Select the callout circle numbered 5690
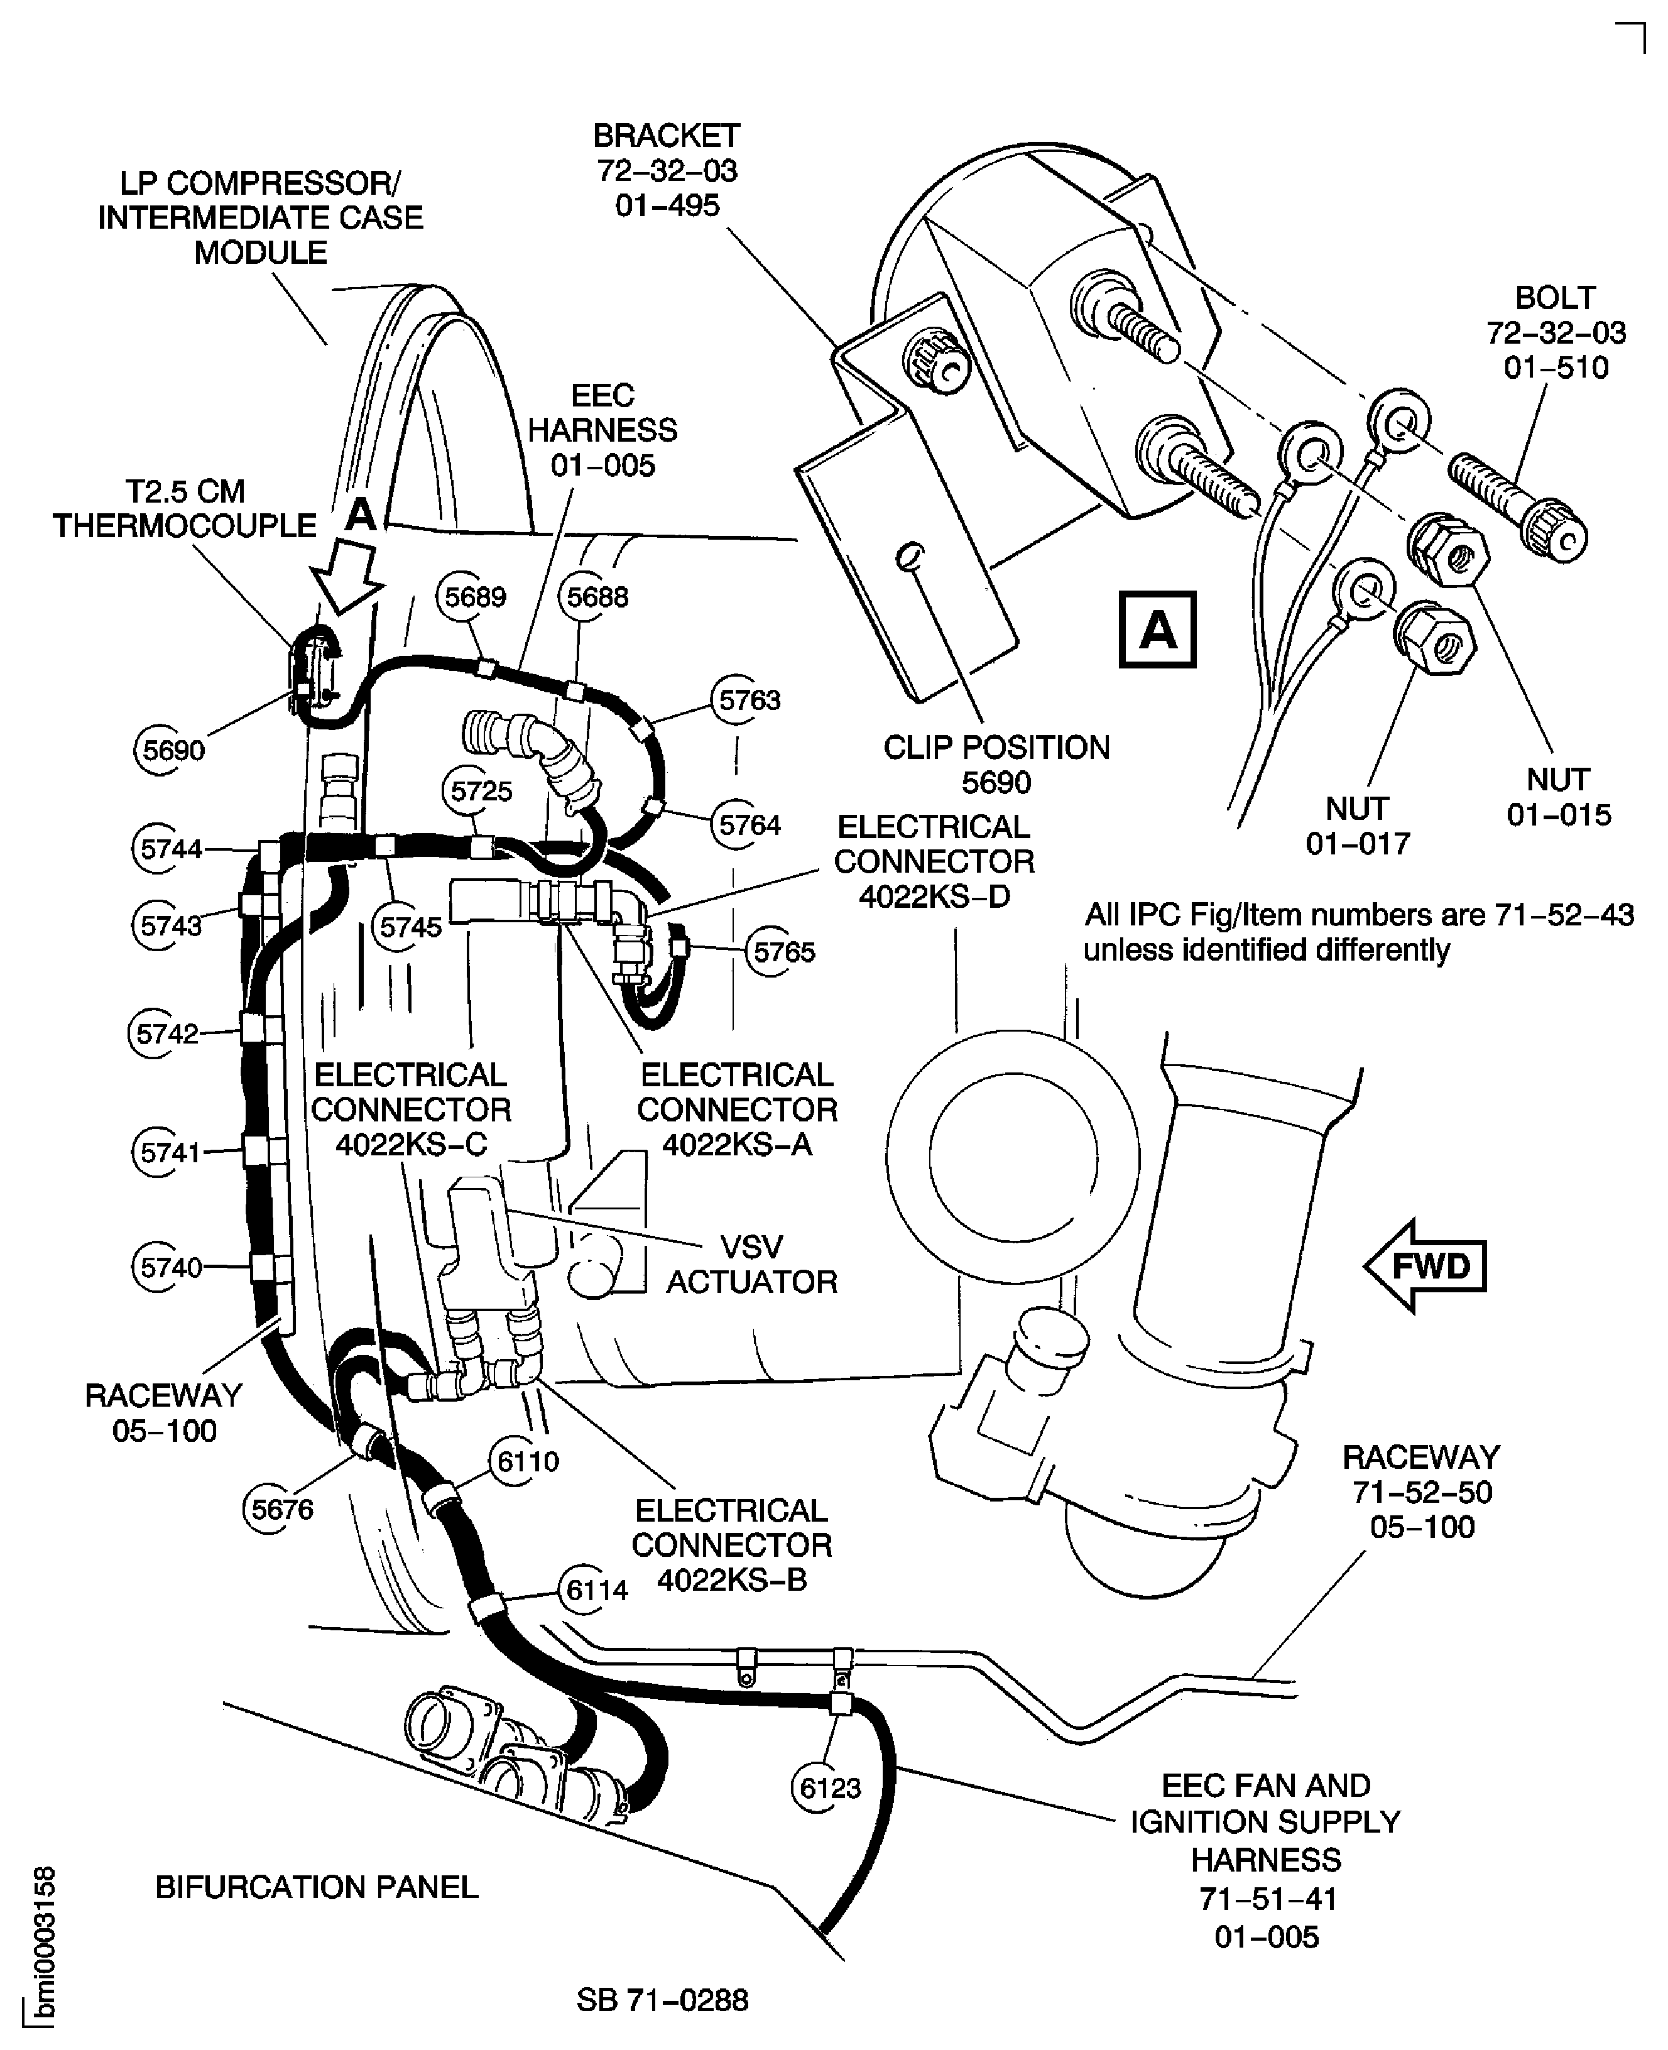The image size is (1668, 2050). click(173, 750)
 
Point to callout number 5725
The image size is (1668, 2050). click(481, 792)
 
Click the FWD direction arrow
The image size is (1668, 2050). click(1424, 1265)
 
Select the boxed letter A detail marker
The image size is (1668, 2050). click(1158, 630)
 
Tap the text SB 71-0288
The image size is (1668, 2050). click(662, 2000)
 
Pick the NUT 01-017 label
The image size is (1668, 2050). click(1356, 826)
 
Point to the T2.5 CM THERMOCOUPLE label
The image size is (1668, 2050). click(185, 508)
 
